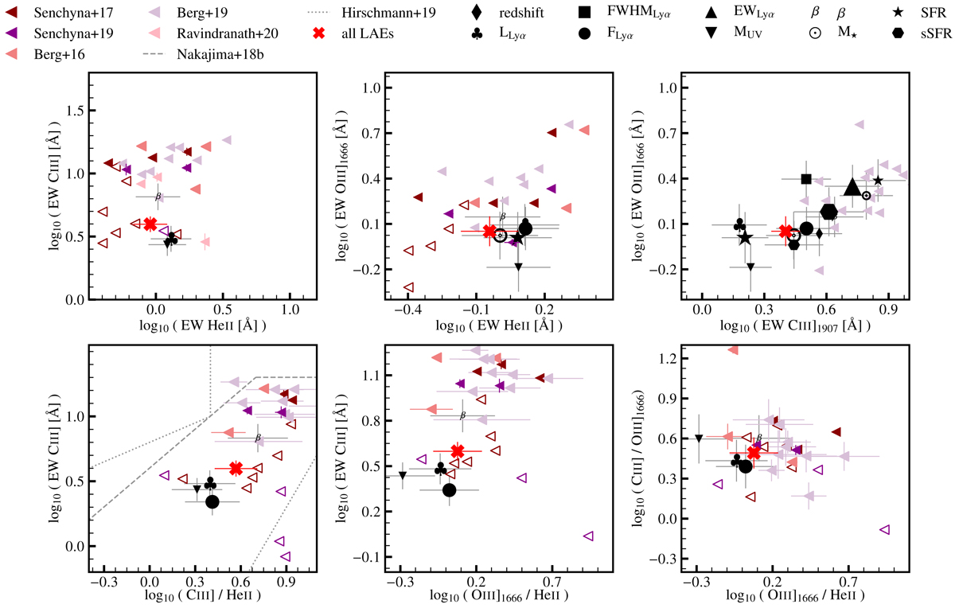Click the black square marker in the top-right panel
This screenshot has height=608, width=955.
(x=806, y=179)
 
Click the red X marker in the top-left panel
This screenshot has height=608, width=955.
(x=150, y=224)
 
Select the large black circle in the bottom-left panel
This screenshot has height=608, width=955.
(x=212, y=501)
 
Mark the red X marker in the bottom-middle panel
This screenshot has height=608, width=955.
(x=457, y=451)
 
